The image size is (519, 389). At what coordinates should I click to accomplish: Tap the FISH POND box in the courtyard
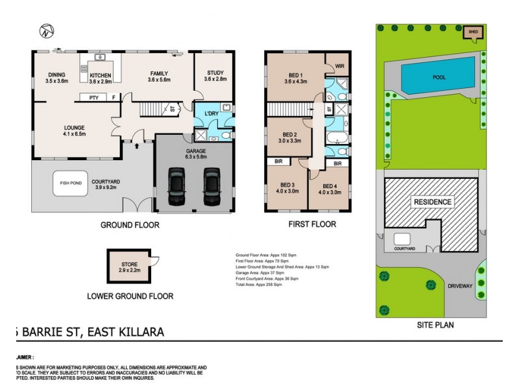[x=71, y=183]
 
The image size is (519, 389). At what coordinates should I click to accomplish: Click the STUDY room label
[x=215, y=73]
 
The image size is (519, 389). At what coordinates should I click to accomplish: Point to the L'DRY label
[x=211, y=114]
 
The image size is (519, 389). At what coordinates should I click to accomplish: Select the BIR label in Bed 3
[x=278, y=161]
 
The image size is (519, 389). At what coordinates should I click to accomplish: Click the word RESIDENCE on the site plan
[x=432, y=202]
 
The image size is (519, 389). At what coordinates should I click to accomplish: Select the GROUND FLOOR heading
[x=129, y=226]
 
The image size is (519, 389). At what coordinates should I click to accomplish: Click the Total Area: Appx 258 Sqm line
[x=259, y=285]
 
